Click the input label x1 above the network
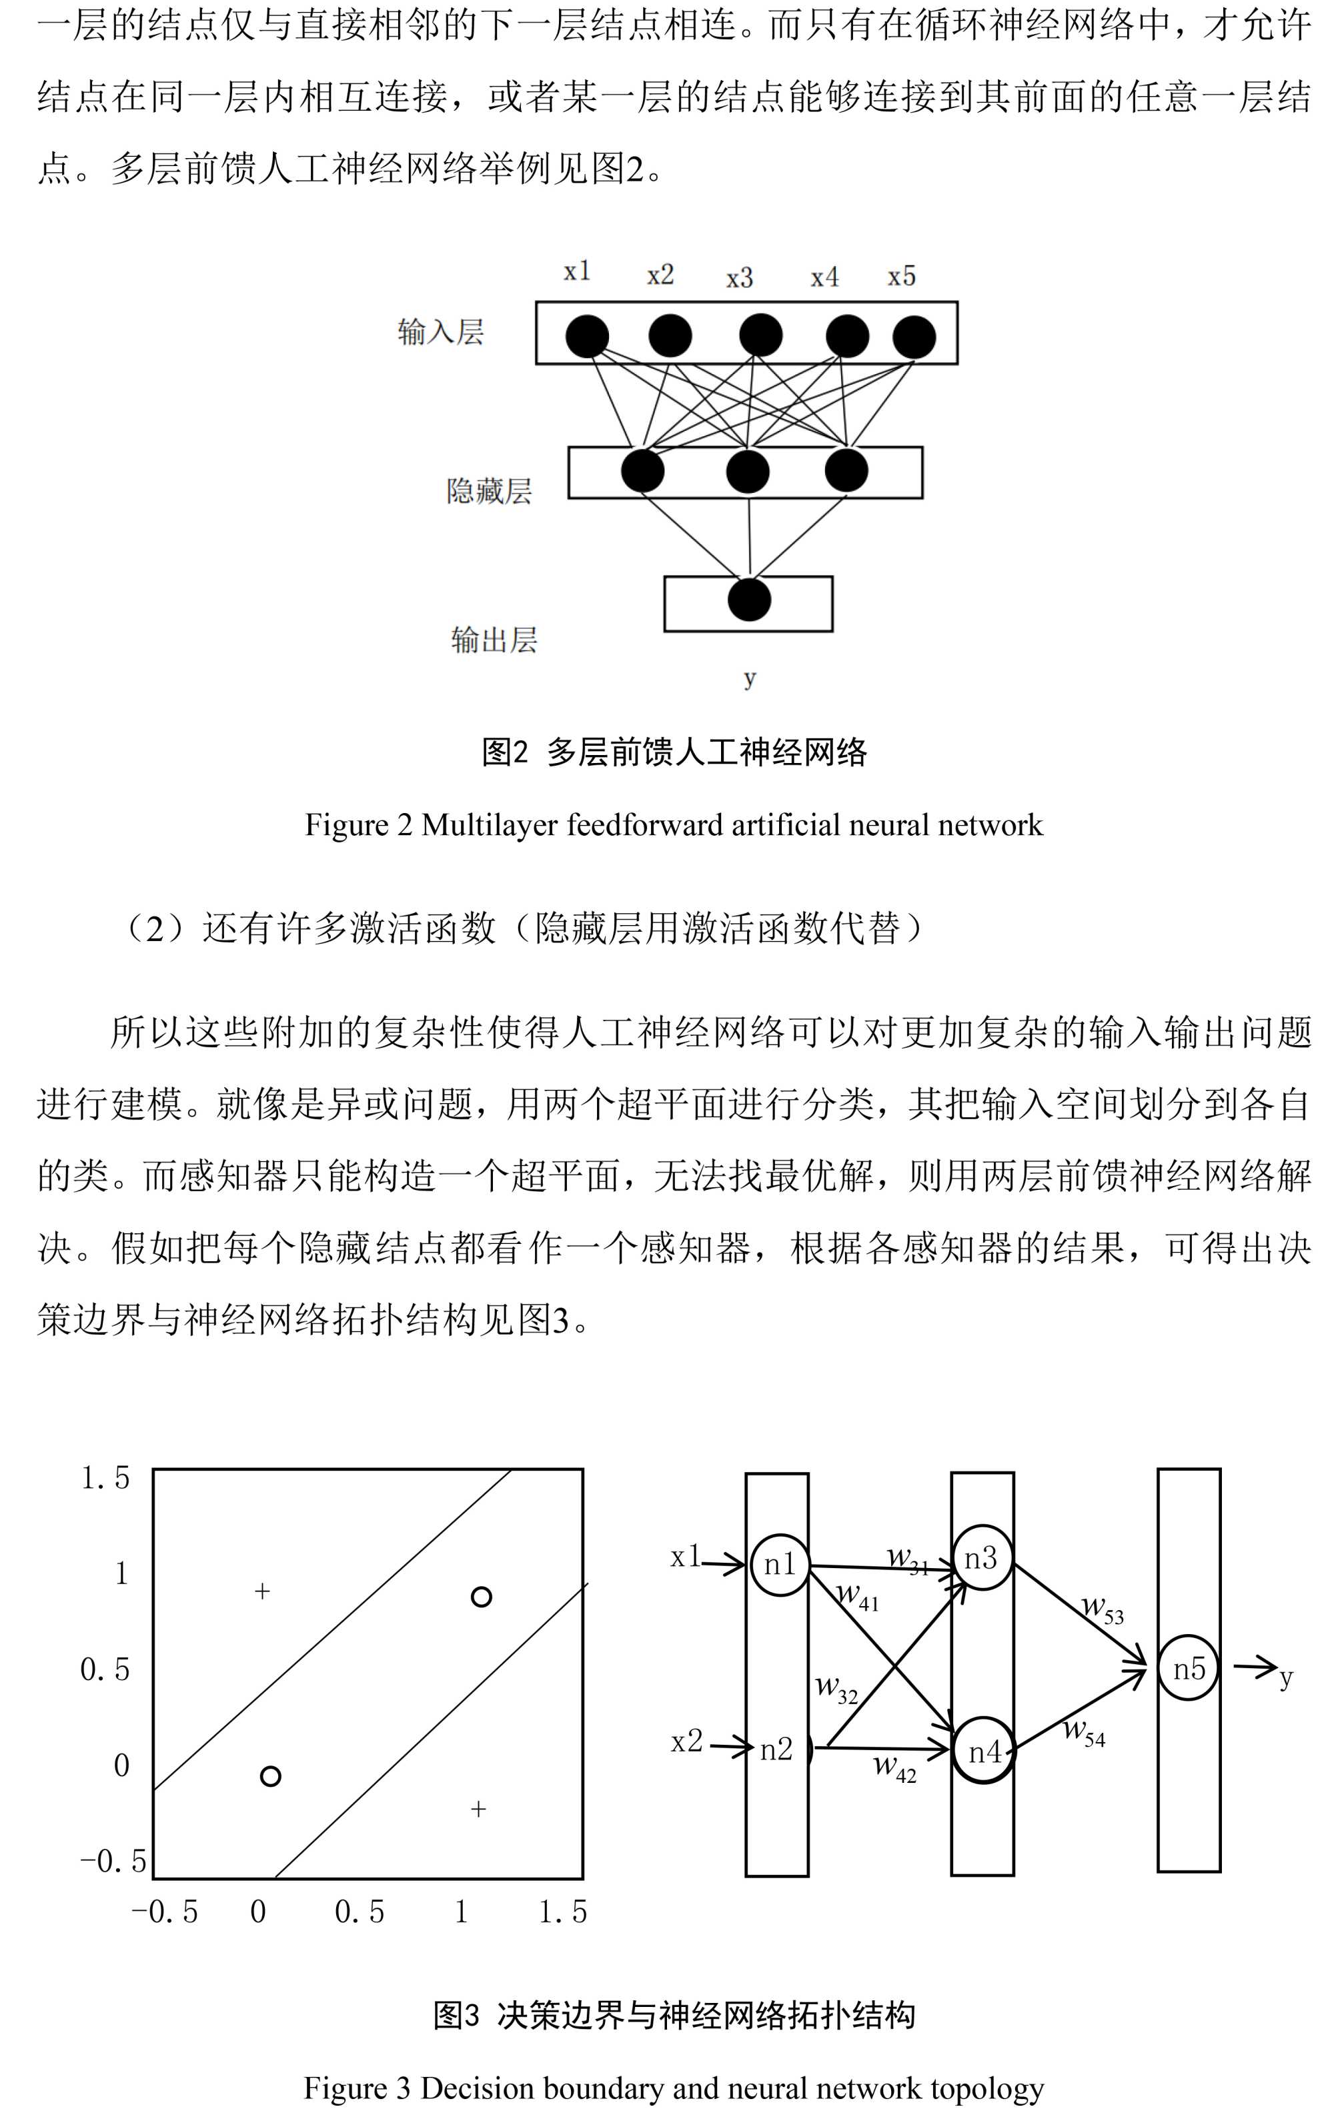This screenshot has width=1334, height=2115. click(x=577, y=271)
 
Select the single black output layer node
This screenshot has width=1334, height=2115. click(x=749, y=600)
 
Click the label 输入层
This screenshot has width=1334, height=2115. click(x=441, y=333)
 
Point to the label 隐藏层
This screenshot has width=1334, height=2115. click(x=489, y=490)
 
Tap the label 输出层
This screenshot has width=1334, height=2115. click(x=494, y=640)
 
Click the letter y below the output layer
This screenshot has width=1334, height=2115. click(x=749, y=677)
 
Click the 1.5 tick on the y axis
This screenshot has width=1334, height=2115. click(x=105, y=1477)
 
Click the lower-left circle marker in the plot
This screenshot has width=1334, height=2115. click(x=271, y=1776)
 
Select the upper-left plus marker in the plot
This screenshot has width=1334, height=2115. click(x=261, y=1591)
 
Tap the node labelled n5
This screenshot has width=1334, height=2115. click(x=1188, y=1668)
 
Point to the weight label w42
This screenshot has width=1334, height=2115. click(x=894, y=1768)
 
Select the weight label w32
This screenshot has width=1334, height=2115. click(x=836, y=1688)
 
